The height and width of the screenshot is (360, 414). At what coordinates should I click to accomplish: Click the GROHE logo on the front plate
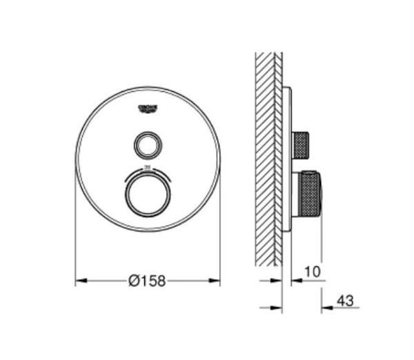point(148,108)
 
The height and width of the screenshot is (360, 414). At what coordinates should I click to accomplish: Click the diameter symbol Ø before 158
point(133,280)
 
